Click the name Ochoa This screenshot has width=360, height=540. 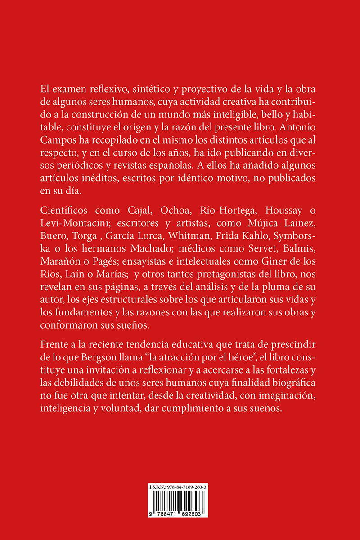coord(167,211)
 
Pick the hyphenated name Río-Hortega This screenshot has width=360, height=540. coord(221,211)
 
